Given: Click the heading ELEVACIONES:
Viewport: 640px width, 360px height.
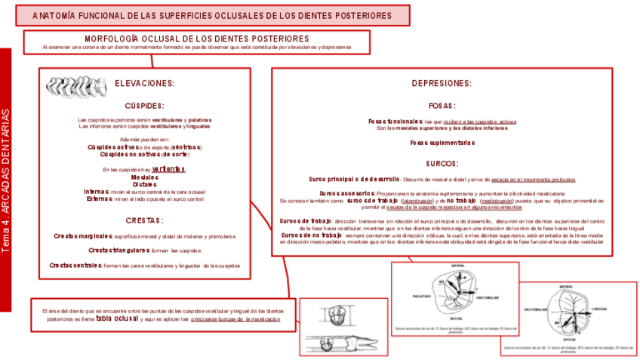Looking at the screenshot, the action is (x=144, y=83).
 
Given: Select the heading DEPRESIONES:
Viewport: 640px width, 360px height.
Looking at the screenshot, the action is (x=442, y=83).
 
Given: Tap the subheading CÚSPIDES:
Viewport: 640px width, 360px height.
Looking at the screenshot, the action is (x=144, y=106).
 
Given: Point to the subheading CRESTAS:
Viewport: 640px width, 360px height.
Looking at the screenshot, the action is (x=144, y=220).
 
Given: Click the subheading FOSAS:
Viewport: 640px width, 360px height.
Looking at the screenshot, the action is (x=442, y=106).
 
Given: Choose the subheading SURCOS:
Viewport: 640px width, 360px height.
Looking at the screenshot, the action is (x=442, y=163).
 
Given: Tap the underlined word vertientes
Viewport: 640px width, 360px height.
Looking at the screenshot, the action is (x=168, y=169).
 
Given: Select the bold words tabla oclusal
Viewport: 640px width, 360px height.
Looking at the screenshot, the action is (x=116, y=318).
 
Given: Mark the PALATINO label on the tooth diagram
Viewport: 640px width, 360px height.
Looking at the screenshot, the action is (x=422, y=297).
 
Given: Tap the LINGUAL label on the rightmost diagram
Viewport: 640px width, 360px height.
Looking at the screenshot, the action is (x=600, y=308).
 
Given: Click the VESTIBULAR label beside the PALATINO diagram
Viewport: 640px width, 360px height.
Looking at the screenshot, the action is (x=487, y=297).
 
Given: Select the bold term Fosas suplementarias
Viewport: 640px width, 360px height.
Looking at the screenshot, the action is (x=442, y=142).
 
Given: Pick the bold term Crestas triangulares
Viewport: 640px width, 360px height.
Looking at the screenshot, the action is (x=118, y=250).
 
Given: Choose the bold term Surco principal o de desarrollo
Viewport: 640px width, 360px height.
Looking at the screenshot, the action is (x=354, y=180).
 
